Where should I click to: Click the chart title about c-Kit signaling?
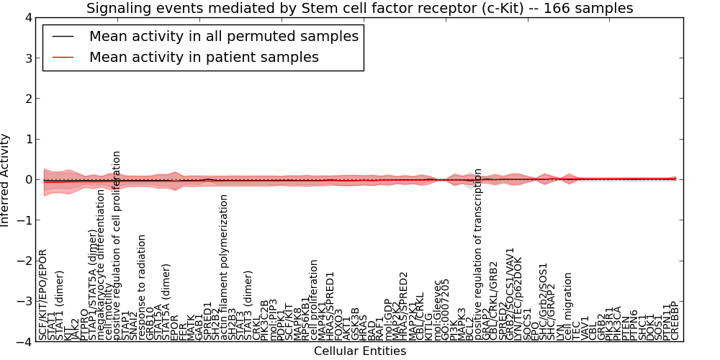point(359,9)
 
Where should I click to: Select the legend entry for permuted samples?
point(223,36)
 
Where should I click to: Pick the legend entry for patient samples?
point(204,57)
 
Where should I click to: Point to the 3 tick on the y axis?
point(29,58)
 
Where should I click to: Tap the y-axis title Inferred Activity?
point(6,180)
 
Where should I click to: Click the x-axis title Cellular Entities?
point(359,351)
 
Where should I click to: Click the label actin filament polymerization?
point(224,266)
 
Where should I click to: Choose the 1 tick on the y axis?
point(29,139)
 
